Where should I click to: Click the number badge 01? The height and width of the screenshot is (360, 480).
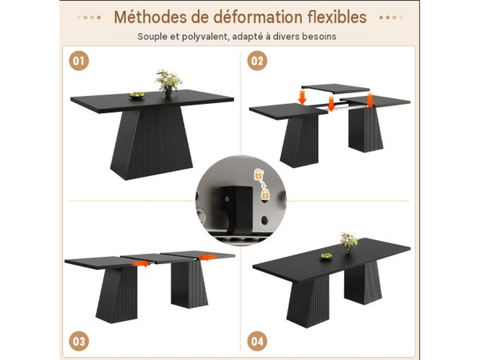(79, 61)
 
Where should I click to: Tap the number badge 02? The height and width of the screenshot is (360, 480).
(257, 61)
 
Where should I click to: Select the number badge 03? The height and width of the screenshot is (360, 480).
(79, 341)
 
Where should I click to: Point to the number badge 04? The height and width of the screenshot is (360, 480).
(257, 341)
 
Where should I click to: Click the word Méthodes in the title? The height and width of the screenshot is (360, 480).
(151, 17)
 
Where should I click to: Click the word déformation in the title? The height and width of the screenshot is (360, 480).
(258, 17)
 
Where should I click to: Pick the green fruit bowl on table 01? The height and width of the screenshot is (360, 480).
(137, 95)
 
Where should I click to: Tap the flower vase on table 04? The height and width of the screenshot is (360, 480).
(349, 242)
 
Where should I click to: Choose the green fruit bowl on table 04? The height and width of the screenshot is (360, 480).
(326, 256)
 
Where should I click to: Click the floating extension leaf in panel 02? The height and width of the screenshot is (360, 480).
(335, 88)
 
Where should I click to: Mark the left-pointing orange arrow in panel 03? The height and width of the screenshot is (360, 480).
(208, 257)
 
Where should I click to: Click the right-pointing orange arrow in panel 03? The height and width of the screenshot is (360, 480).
(141, 263)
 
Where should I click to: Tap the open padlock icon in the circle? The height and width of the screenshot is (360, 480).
(259, 174)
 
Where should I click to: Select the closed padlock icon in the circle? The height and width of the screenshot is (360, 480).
(265, 194)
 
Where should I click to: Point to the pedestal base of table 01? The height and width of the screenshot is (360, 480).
(152, 143)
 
